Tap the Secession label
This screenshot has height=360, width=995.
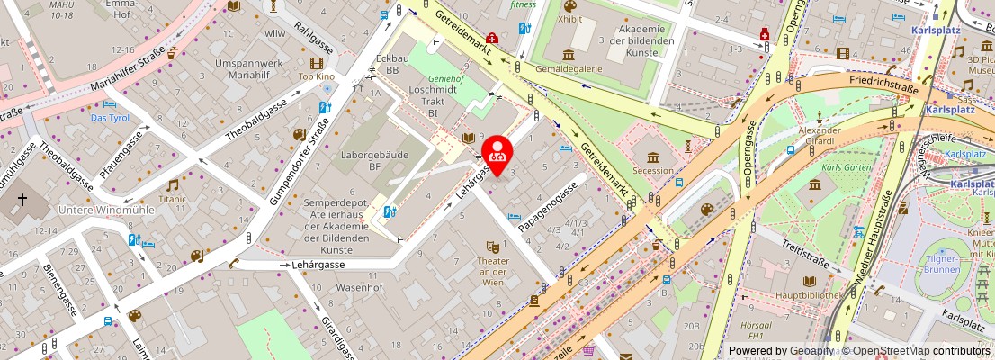tap(653, 170)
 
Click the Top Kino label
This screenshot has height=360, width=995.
tap(316, 77)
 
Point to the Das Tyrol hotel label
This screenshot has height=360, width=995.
tap(110, 117)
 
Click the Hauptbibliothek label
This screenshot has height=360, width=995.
tap(808, 294)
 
